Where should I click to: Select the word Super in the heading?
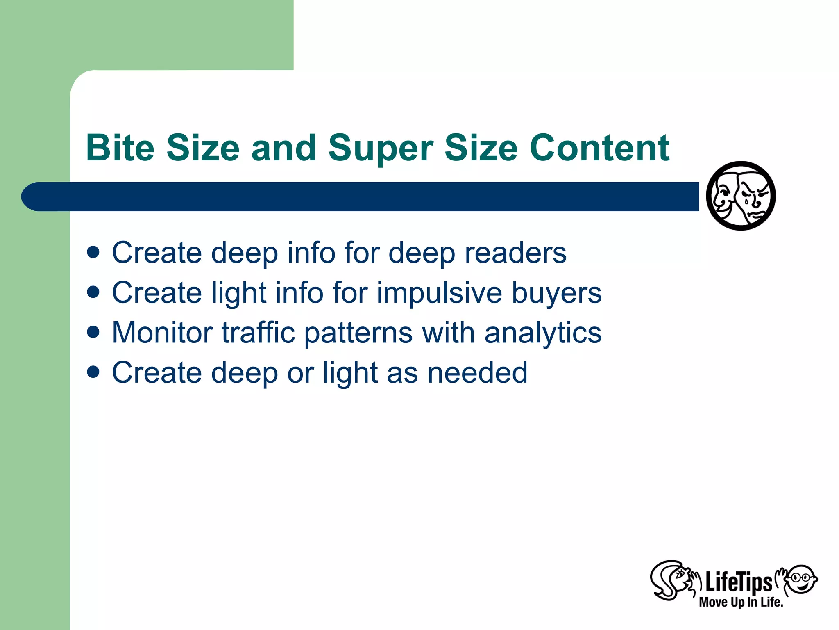coord(381,148)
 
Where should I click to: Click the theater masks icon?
coord(741,196)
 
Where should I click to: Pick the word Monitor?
coord(162,332)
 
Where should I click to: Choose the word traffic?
coord(259,332)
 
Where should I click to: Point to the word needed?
coord(478,372)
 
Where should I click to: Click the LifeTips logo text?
coord(738,582)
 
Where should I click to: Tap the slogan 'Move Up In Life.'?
coord(741,602)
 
